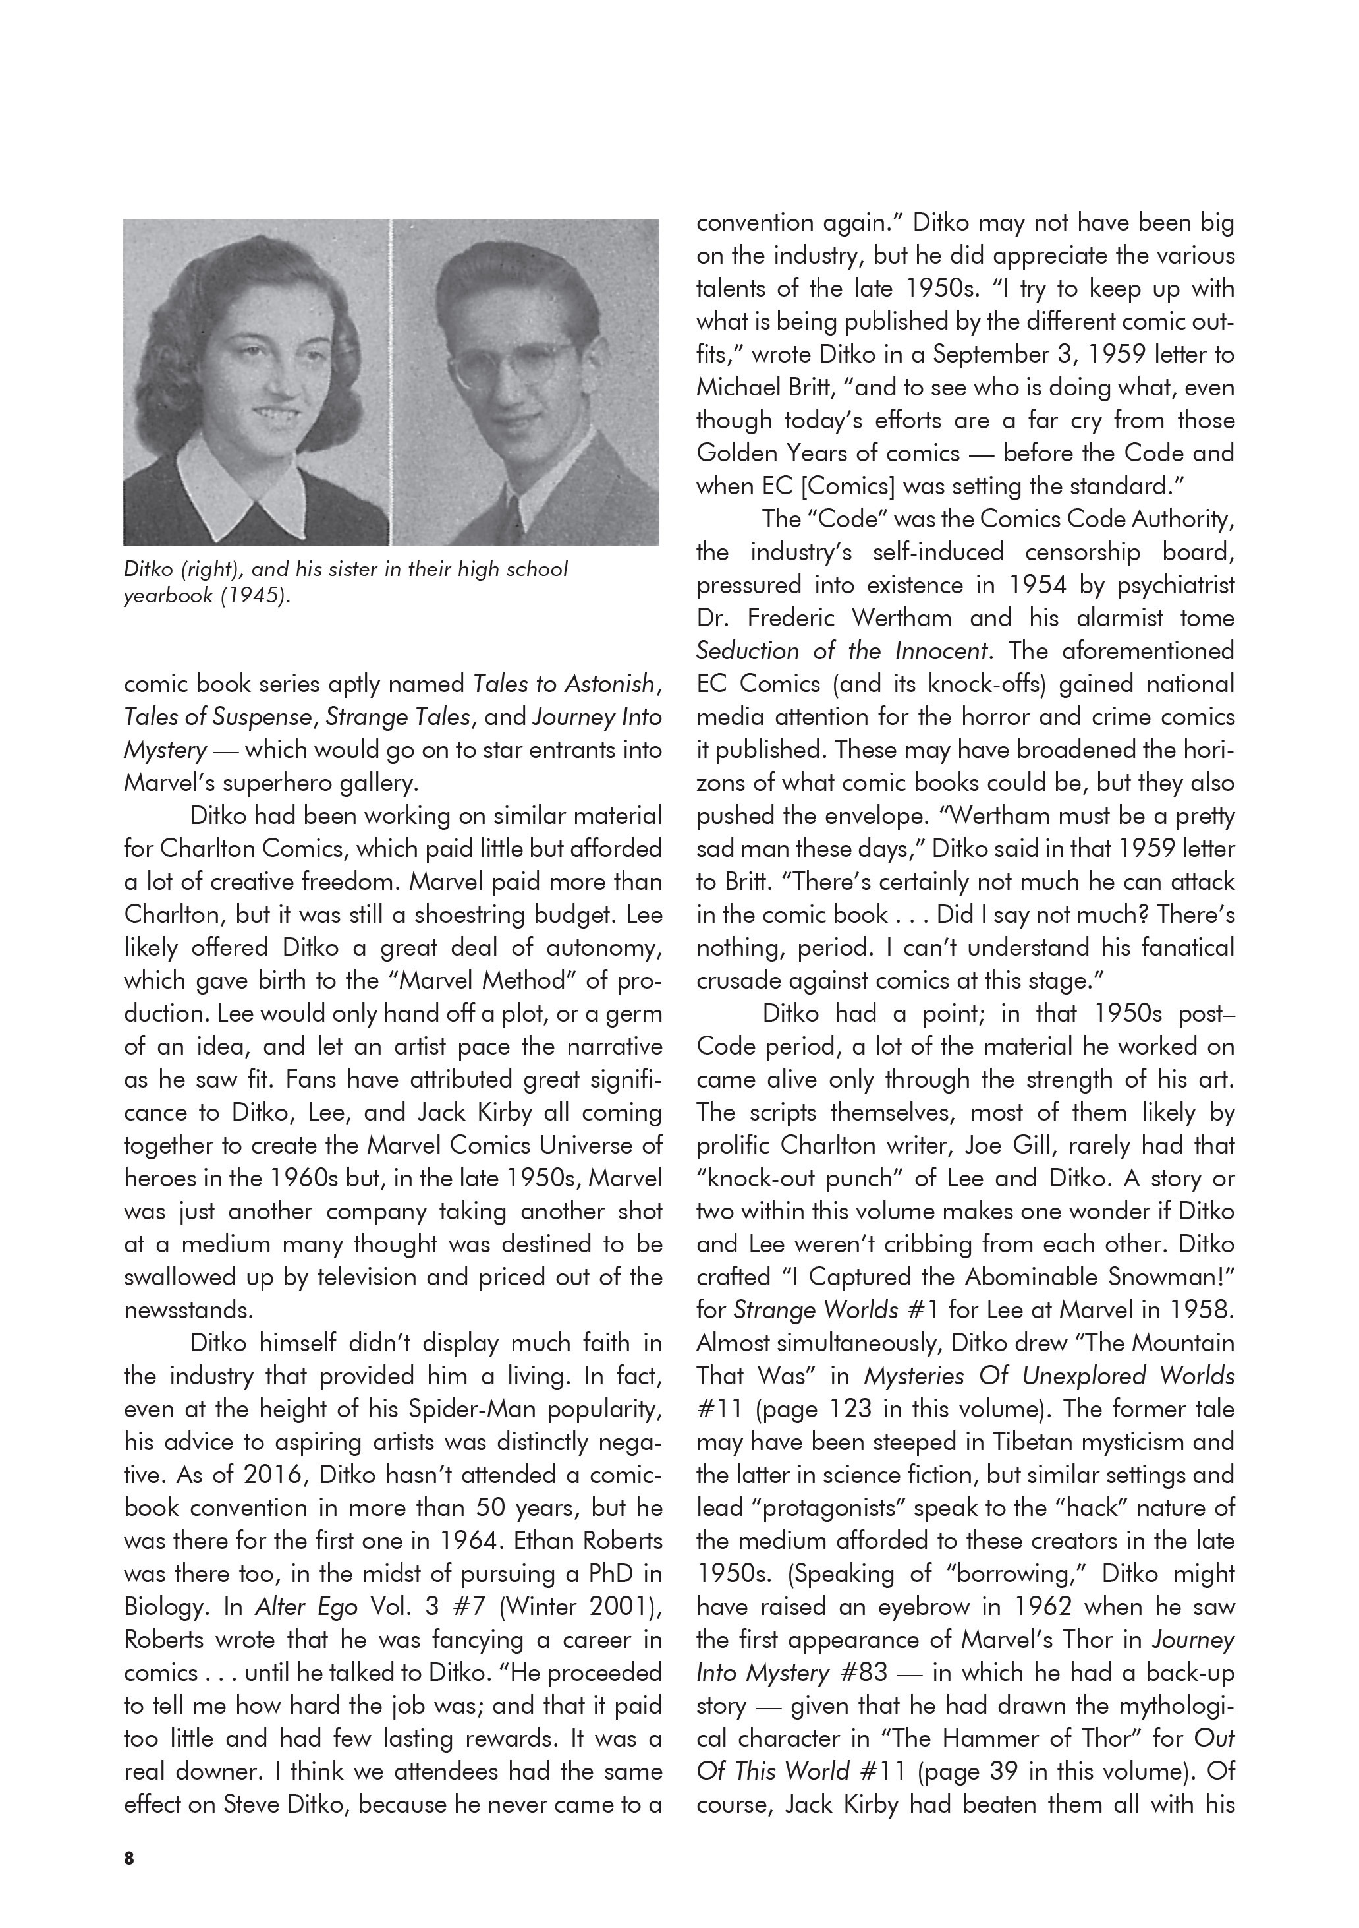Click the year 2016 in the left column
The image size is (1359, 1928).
(275, 1475)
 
